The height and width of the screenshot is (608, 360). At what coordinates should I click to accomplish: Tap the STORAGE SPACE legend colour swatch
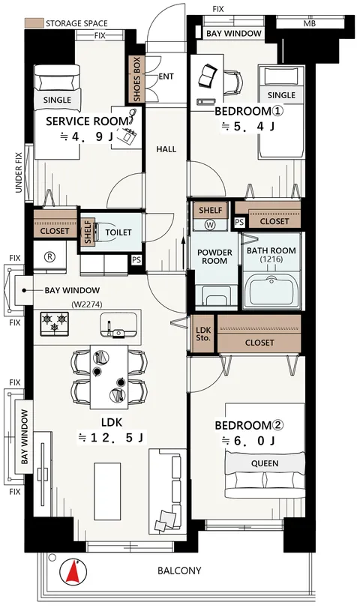click(34, 23)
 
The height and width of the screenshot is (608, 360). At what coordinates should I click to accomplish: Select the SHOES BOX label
click(136, 79)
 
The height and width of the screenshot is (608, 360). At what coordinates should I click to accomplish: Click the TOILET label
click(118, 232)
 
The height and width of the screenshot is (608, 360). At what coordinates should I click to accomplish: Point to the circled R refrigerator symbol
click(49, 256)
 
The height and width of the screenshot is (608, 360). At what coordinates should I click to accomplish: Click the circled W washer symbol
click(210, 224)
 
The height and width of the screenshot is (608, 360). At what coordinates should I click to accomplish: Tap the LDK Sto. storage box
click(203, 334)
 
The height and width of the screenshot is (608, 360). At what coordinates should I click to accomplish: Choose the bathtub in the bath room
click(272, 291)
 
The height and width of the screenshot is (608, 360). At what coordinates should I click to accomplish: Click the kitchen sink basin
click(118, 324)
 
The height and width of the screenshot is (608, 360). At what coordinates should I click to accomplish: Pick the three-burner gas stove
click(54, 324)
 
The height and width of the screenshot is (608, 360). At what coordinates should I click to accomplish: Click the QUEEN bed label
click(265, 463)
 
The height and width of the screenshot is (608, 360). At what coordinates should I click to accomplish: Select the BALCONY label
click(179, 571)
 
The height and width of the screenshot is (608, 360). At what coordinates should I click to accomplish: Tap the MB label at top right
click(310, 24)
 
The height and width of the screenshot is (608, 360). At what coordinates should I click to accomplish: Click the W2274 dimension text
click(87, 305)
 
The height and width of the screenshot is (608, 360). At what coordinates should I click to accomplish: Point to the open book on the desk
click(206, 76)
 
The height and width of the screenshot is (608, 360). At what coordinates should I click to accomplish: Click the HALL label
click(166, 149)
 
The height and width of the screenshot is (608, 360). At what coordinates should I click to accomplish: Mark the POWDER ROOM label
click(214, 256)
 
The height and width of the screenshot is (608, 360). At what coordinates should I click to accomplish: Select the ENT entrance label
click(166, 76)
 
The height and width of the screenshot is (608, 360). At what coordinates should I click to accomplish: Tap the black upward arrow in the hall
click(184, 253)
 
